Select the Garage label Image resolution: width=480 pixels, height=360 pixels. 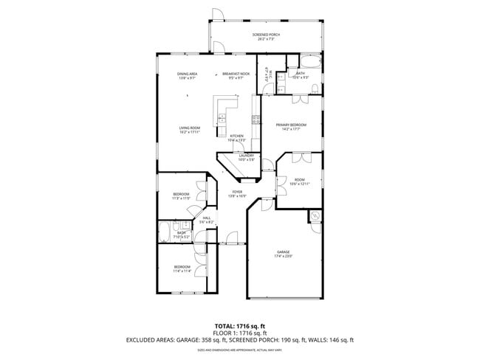pos(284,254)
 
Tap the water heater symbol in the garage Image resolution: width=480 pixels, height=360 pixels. pos(315,216)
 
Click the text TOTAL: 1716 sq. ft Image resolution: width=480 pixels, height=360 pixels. pos(240,325)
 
